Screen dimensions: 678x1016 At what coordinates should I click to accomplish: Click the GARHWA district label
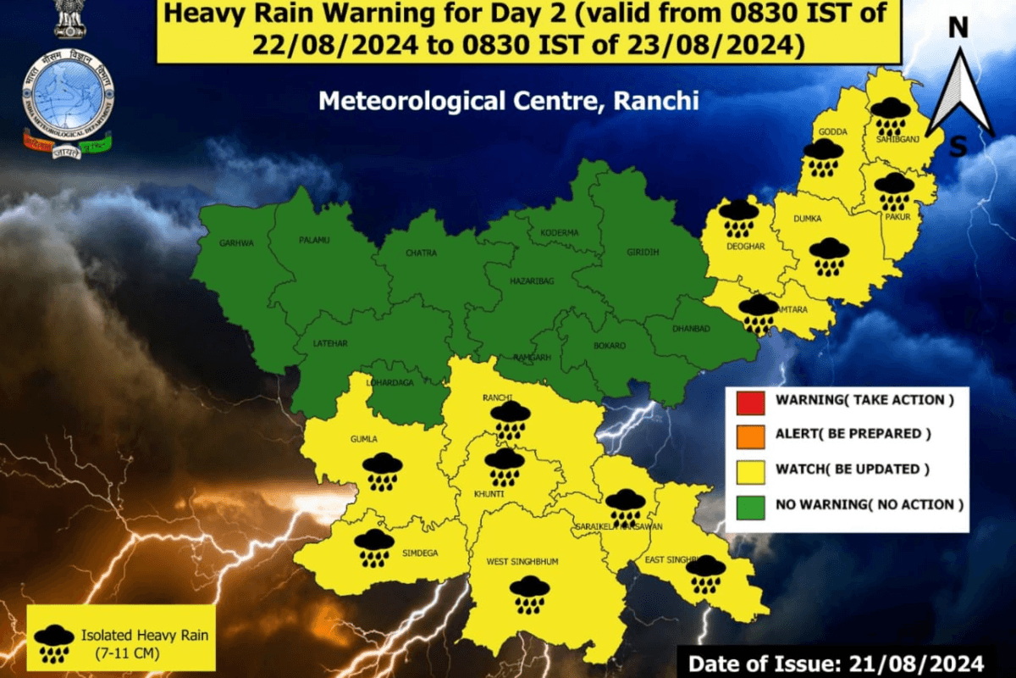click(x=237, y=242)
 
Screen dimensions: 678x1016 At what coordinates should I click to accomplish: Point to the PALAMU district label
click(x=314, y=240)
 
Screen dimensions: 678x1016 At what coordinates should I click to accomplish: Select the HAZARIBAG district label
click(x=532, y=280)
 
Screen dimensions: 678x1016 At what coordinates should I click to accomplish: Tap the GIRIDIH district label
click(x=643, y=252)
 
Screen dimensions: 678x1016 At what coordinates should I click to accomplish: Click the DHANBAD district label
click(x=690, y=329)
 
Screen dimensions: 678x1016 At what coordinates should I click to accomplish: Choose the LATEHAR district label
click(x=330, y=342)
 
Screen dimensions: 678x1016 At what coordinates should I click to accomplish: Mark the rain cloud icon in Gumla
click(x=383, y=471)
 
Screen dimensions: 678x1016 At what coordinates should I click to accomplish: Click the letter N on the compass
click(x=958, y=29)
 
